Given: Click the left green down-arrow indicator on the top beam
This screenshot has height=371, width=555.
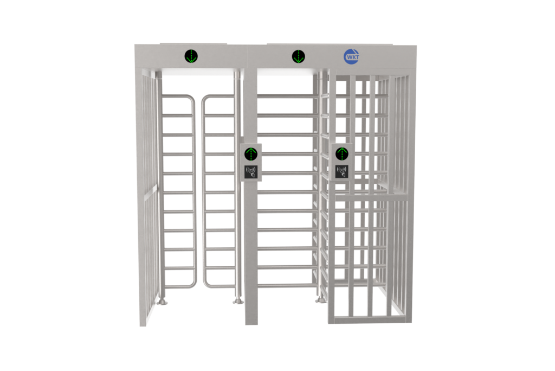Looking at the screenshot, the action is tap(191, 56).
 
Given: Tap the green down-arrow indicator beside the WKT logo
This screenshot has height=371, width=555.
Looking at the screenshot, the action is tap(299, 56).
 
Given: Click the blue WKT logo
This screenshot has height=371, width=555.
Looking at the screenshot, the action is tap(352, 57).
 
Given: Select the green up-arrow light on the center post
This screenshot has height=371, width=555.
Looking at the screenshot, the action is tap(251, 154).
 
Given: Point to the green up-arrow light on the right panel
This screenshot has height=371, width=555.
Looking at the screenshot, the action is tap(342, 153).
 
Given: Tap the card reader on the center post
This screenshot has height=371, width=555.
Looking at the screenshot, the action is tap(251, 172).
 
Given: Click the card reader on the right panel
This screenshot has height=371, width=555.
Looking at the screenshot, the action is tap(342, 171).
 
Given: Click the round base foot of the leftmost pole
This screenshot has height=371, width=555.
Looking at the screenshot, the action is tap(163, 302).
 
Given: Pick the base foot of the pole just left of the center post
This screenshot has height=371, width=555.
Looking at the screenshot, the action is tap(238, 301).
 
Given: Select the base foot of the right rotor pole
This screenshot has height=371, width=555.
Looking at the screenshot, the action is tap(321, 300).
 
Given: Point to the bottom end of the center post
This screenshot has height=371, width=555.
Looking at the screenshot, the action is tap(251, 324).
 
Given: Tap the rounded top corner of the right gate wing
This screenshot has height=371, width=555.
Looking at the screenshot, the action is tap(205, 99).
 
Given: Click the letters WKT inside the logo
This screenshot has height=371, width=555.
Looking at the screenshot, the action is tap(352, 57).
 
